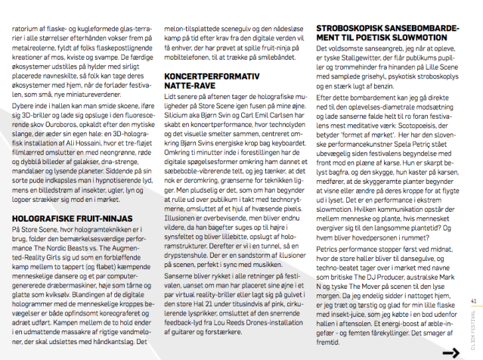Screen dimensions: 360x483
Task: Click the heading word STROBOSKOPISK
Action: (x=348, y=28)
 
